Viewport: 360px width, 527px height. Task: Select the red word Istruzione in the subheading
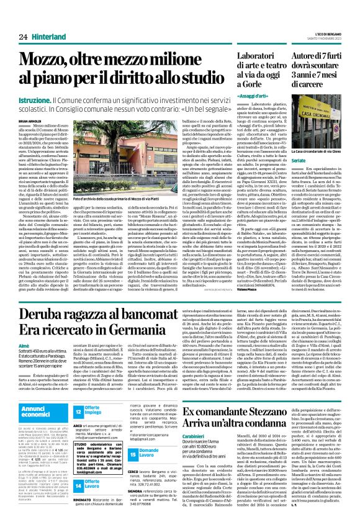[x=34, y=99]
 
